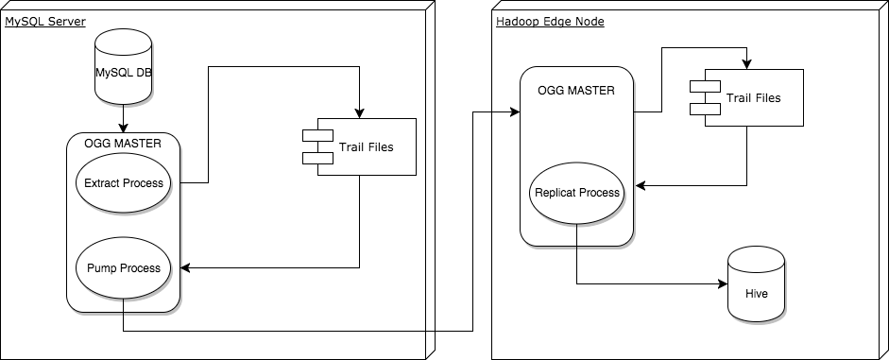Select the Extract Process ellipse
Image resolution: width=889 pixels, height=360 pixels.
point(124,182)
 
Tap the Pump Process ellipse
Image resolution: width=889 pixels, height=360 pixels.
point(124,267)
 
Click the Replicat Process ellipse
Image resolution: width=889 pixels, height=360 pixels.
point(576,192)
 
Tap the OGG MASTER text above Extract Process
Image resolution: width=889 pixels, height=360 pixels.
point(124,145)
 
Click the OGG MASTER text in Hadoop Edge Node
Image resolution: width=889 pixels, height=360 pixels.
point(576,90)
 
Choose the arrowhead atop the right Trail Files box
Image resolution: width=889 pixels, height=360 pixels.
point(747,64)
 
